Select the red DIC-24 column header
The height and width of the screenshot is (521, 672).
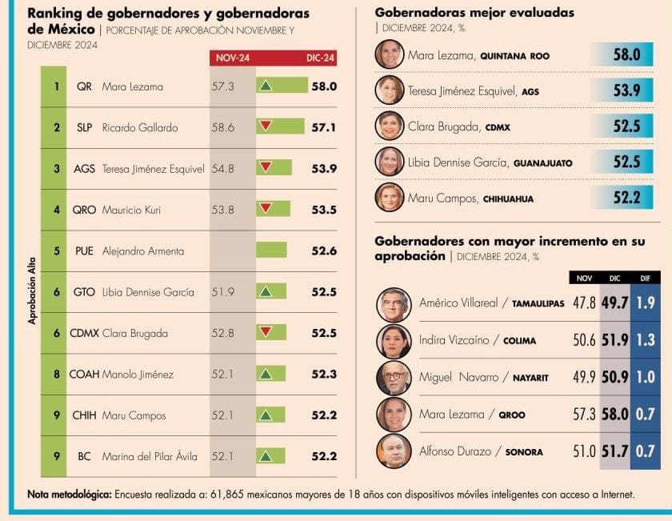pyautogui.click(x=320, y=58)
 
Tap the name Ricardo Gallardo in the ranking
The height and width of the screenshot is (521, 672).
pyautogui.click(x=140, y=127)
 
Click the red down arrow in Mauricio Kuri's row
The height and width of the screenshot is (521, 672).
pyautogui.click(x=266, y=208)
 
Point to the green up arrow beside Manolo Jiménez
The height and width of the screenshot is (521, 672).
pyautogui.click(x=266, y=373)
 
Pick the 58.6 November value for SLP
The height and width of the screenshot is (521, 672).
pyautogui.click(x=222, y=127)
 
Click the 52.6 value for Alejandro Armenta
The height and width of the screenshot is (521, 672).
pyautogui.click(x=324, y=250)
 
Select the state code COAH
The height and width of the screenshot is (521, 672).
pyautogui.click(x=84, y=374)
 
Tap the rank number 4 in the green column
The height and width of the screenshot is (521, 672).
pyautogui.click(x=57, y=210)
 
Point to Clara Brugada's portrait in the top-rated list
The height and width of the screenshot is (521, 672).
pyautogui.click(x=390, y=126)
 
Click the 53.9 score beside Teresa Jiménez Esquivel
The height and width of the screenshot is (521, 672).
pyautogui.click(x=626, y=90)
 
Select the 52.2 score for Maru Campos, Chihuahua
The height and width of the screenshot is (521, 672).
pyautogui.click(x=626, y=198)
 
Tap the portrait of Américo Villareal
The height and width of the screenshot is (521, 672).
pyautogui.click(x=394, y=304)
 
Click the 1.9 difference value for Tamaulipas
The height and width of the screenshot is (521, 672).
pyautogui.click(x=646, y=303)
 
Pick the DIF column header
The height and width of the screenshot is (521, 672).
pyautogui.click(x=646, y=279)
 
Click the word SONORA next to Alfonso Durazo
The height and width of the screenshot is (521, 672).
pyautogui.click(x=523, y=452)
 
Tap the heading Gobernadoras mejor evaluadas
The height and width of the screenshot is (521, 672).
pyautogui.click(x=474, y=13)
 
